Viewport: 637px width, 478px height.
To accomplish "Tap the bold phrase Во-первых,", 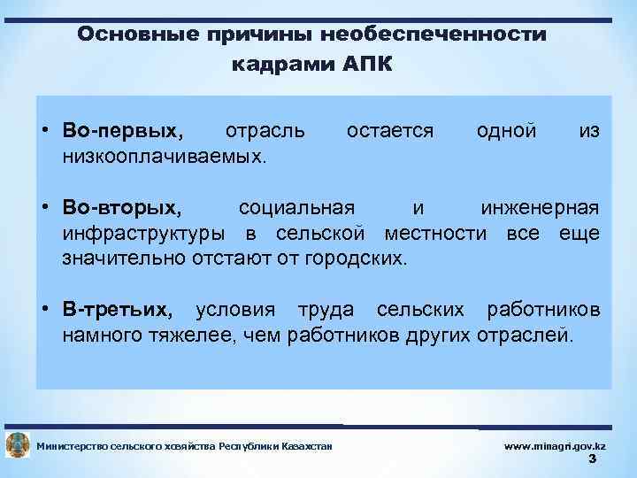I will coord(125,131).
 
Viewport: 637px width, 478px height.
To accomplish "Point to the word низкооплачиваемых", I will coord(164,157).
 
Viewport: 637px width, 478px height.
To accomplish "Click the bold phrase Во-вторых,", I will coord(123,208).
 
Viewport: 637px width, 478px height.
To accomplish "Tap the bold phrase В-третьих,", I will coord(118,311).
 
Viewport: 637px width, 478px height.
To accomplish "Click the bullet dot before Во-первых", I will coord(44,131).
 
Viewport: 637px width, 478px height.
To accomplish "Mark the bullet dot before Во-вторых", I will coord(44,208).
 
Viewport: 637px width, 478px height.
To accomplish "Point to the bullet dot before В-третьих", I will coord(44,311).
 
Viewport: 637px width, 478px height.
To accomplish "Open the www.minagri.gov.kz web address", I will coord(555,446).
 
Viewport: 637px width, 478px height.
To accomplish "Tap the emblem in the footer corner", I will coord(17,446).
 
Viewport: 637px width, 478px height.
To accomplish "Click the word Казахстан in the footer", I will coord(306,446).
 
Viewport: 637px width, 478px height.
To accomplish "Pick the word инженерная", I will coord(540,208).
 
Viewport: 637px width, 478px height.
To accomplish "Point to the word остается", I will coord(390,131).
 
